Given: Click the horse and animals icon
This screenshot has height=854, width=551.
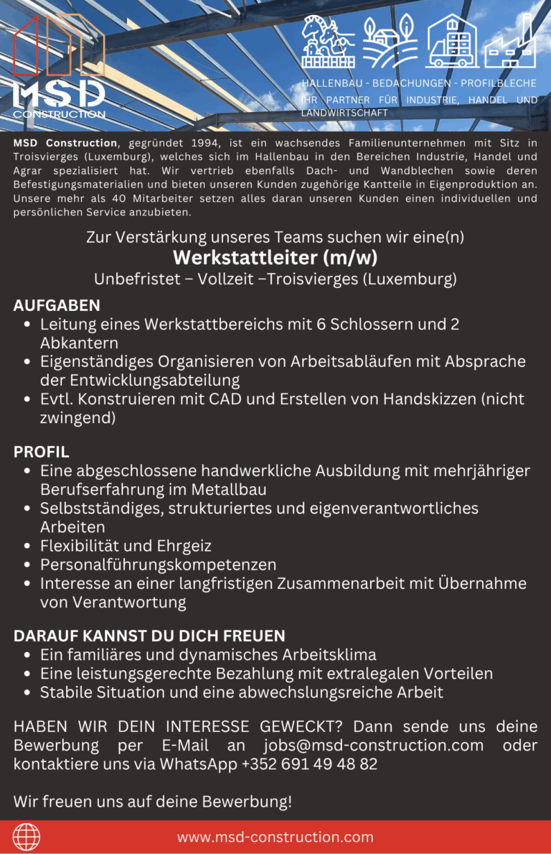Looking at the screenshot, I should [327, 42].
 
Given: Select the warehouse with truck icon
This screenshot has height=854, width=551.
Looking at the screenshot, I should [451, 42].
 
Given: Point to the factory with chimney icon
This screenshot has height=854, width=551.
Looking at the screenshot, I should [509, 42].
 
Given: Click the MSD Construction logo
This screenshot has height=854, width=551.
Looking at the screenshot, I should [60, 68].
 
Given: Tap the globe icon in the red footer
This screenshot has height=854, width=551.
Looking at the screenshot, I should [27, 837].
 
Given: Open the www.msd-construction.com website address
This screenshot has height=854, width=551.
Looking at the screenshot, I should [275, 837].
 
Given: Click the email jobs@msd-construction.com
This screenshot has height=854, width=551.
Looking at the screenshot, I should [373, 745].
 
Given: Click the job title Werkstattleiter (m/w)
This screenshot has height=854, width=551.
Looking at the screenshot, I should [275, 257].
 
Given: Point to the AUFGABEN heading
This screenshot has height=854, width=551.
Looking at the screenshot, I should [57, 305].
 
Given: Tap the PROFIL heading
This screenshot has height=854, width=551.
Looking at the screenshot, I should [42, 452].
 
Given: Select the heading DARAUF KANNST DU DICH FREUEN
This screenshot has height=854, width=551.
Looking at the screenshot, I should [149, 636].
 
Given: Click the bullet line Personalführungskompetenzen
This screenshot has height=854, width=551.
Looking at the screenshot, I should [158, 565].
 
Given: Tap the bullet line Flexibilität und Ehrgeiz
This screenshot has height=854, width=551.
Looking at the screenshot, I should [126, 546].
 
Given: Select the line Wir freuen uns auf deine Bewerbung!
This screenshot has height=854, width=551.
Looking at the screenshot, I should [153, 801].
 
